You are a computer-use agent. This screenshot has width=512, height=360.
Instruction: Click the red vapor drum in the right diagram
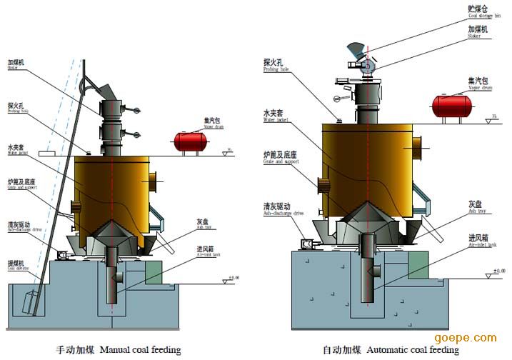click(x=451, y=106)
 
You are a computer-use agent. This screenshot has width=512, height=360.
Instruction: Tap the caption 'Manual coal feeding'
click(x=119, y=350)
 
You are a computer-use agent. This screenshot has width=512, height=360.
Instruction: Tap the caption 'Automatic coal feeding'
click(x=390, y=350)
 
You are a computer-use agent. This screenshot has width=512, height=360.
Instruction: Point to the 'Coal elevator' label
click(x=18, y=266)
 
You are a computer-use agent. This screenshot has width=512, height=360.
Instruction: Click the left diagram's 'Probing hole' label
click(x=18, y=108)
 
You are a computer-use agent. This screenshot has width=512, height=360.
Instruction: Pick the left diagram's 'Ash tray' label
click(x=205, y=223)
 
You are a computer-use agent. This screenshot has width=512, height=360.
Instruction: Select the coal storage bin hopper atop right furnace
click(x=358, y=51)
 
